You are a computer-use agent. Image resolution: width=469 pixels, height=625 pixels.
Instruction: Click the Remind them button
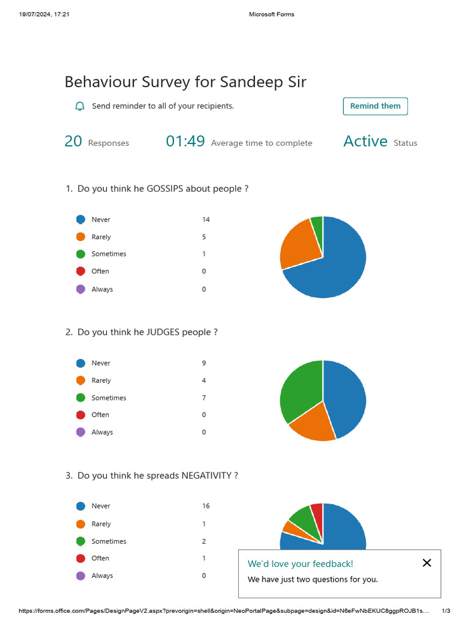click(375, 106)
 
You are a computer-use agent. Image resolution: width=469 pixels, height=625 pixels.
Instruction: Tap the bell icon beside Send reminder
click(79, 106)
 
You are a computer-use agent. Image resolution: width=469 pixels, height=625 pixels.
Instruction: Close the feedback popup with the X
click(427, 563)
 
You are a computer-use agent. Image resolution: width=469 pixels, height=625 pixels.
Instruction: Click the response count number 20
click(73, 142)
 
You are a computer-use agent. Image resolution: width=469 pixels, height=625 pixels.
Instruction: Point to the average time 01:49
click(185, 142)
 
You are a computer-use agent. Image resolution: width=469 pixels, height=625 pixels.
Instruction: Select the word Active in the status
click(365, 142)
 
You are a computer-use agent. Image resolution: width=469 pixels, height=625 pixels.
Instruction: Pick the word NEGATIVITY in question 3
click(206, 475)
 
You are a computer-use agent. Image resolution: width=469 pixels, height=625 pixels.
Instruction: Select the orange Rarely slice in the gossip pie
click(296, 244)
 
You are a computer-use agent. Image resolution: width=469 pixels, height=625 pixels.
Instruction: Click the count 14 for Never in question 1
click(206, 220)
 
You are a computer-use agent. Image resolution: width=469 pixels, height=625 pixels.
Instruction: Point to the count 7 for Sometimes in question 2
click(204, 398)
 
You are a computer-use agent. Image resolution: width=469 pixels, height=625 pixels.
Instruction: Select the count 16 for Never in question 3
click(206, 506)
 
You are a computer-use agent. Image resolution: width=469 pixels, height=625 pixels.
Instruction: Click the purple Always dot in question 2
click(81, 432)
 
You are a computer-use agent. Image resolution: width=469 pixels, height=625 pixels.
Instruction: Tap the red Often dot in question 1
click(81, 271)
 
